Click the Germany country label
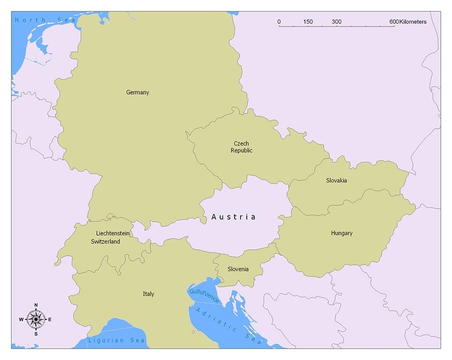[137, 92]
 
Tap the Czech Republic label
[241, 147]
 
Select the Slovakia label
[336, 180]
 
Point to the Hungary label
[341, 233]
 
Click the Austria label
[233, 217]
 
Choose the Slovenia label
[238, 269]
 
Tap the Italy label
[148, 294]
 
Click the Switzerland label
[105, 242]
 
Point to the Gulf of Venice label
[204, 296]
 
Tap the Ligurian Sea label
[117, 340]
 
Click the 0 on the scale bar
[279, 22]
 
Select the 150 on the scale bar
[308, 22]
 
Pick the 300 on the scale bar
[336, 22]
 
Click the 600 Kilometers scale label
[407, 22]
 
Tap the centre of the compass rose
[36, 319]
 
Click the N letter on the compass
[36, 305]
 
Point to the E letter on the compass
[50, 319]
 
